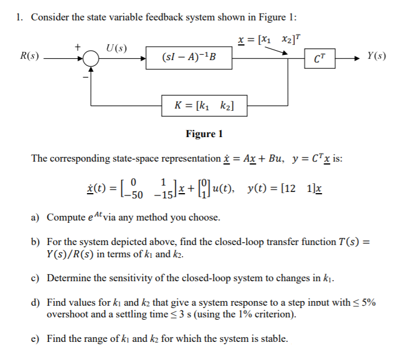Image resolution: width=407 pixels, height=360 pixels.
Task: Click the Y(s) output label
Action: coord(376,57)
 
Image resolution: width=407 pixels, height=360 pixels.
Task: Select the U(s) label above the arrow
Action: coord(117,47)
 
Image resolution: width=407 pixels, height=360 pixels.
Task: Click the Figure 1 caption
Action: coord(204,134)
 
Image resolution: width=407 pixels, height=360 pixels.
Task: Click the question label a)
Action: coord(36,218)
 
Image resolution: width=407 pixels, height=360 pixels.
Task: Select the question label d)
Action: coord(36,303)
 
